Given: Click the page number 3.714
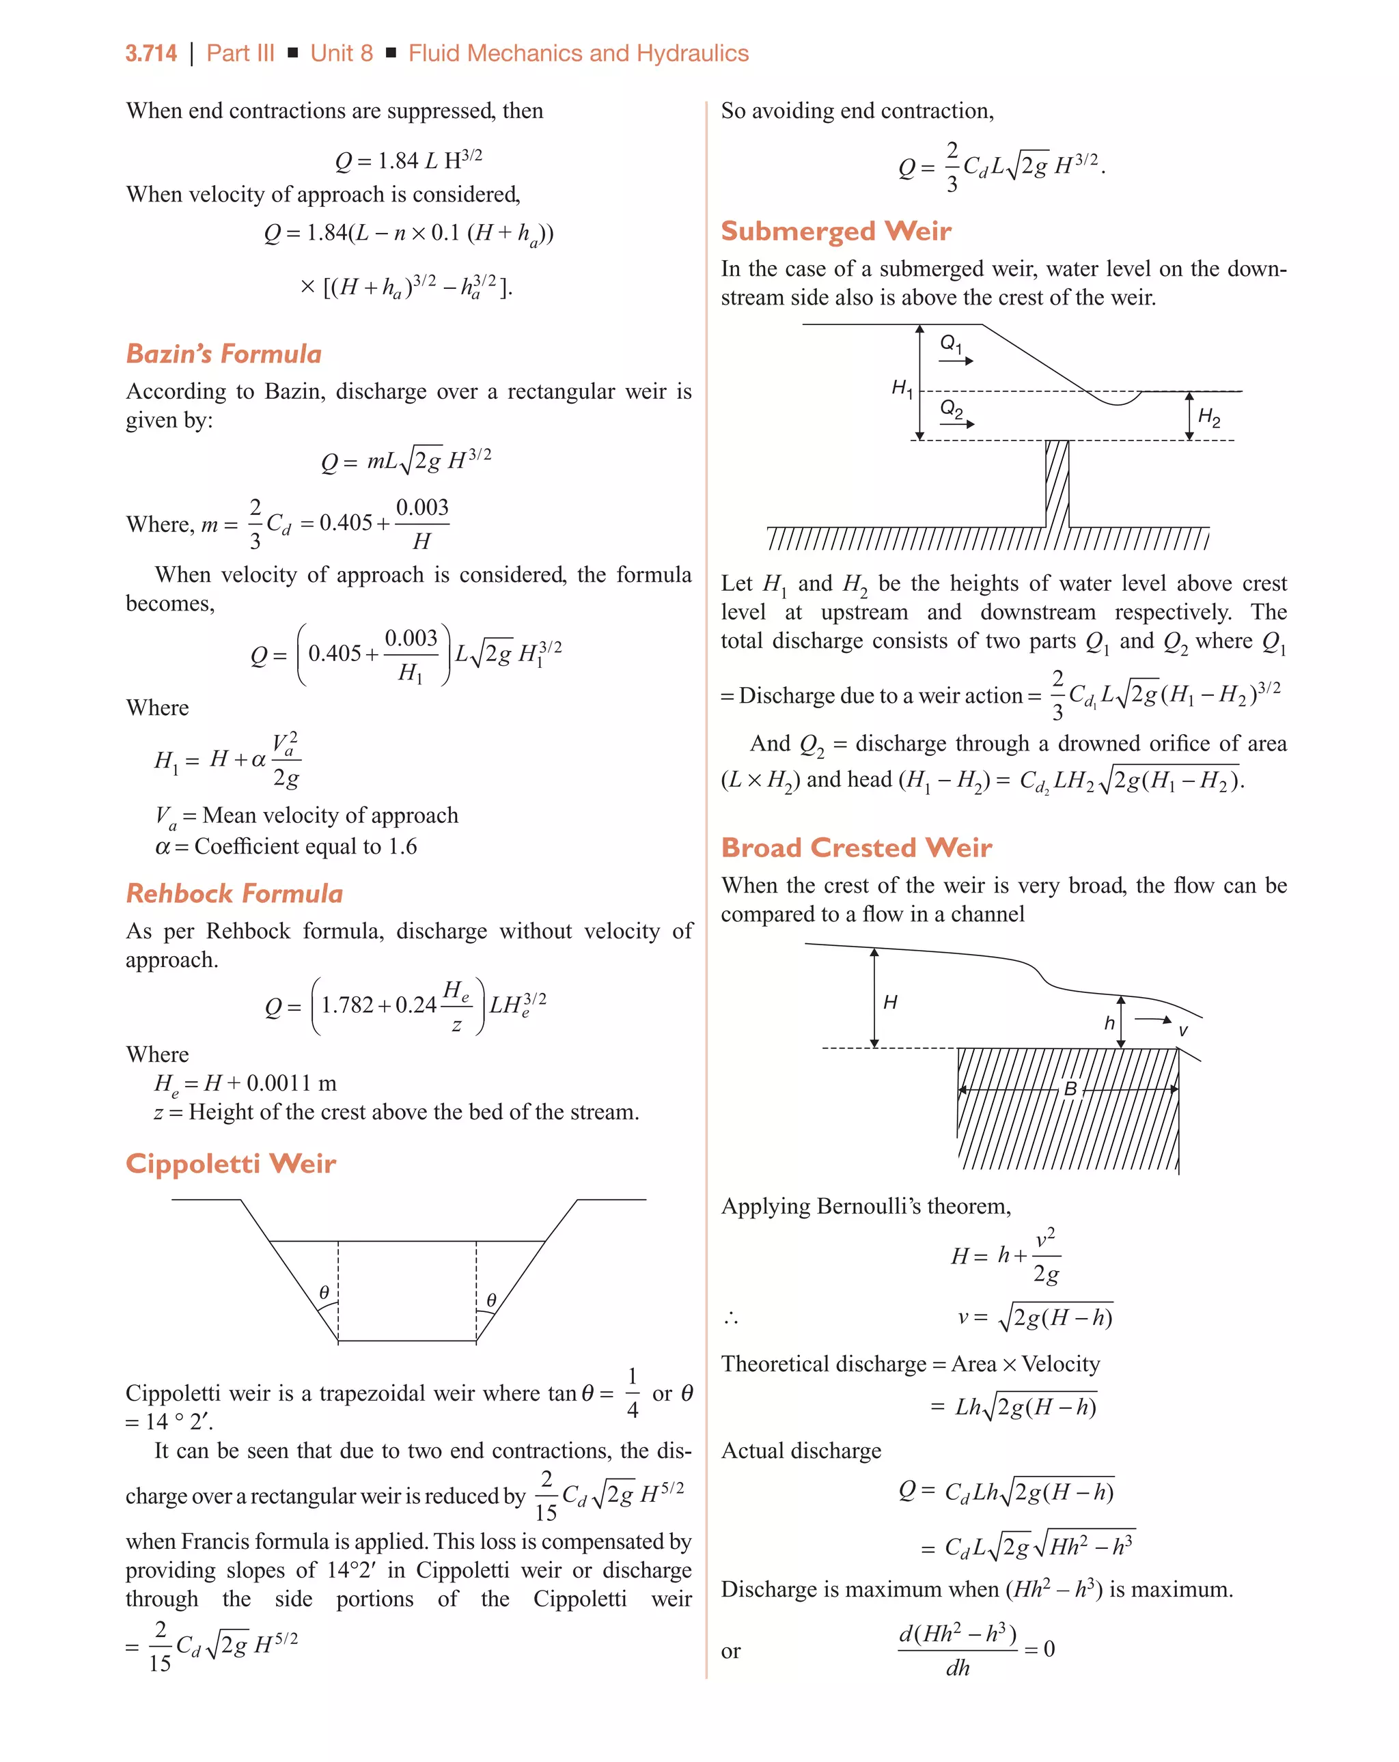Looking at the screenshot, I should coord(150,54).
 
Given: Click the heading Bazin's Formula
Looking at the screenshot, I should coord(223,354).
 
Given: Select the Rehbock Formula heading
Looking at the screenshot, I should coord(234,893).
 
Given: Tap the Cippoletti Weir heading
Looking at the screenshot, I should coord(231,1164).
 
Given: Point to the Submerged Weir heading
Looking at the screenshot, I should coord(835,232).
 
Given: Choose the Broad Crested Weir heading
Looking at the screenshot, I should coord(856,848).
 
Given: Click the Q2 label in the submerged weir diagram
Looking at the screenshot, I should coord(951,408).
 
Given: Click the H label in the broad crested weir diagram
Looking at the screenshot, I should coord(890,1002).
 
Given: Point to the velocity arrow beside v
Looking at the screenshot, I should coord(1154,1019).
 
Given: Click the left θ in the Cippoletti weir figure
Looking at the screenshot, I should coord(324,1292).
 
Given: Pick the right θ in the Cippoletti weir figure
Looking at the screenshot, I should coord(491,1300).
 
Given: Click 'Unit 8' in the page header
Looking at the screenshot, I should coord(341,54).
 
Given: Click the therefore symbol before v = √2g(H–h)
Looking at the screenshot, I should coord(730,1318).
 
